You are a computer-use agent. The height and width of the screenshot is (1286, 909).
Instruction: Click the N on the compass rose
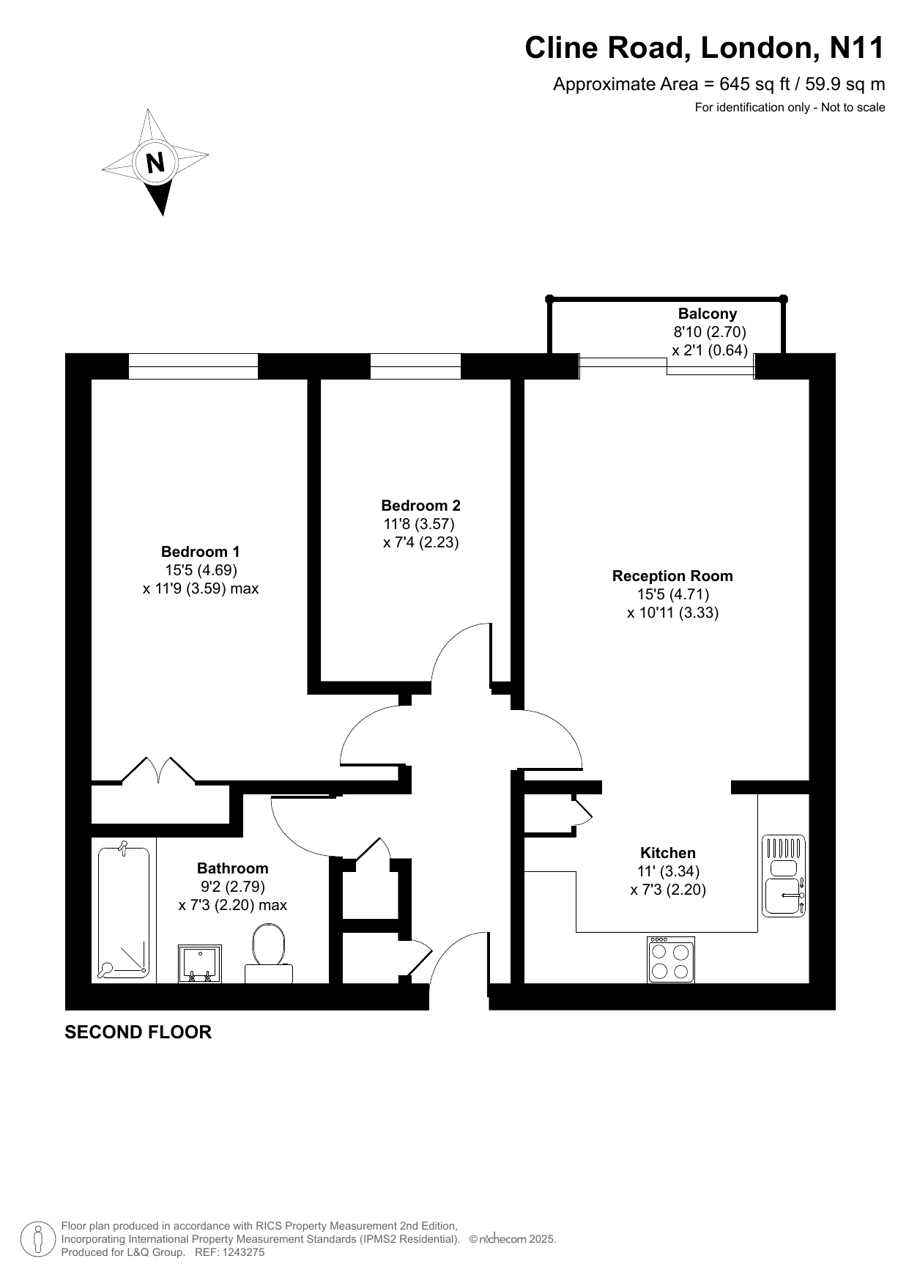point(155,162)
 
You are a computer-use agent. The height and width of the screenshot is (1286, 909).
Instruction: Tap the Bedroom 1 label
point(200,552)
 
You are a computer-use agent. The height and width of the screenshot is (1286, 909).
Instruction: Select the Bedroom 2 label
point(420,506)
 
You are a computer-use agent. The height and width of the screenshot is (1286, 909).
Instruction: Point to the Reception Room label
point(672,576)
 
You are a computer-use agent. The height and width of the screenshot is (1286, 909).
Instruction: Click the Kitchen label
point(668,853)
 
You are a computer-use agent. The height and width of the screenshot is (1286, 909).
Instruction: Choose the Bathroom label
point(233,868)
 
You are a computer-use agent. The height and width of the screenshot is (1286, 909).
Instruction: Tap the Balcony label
point(708,314)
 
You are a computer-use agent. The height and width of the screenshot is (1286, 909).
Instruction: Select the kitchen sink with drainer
point(784,876)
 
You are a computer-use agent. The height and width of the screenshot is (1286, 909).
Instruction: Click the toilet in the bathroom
point(269,953)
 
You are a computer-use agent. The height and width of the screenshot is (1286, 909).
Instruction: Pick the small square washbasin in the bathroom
point(199,964)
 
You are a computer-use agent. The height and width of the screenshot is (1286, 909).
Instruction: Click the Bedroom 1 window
point(193,366)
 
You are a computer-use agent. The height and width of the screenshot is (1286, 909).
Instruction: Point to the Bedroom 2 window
point(415,366)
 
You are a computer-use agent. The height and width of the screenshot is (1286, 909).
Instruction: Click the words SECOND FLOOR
point(138,1032)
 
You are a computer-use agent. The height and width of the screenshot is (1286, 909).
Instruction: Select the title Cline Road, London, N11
point(705,48)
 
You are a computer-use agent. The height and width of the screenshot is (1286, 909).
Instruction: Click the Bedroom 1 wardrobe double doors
point(159,771)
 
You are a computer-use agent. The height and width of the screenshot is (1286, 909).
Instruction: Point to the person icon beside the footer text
point(37,1239)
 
